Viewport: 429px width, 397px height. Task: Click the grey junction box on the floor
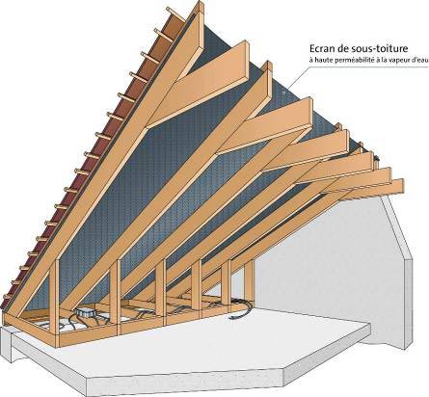click(85, 313)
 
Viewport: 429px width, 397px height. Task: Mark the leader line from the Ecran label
click(297, 76)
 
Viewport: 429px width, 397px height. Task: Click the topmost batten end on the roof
click(170, 10)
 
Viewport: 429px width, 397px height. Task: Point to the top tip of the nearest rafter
click(200, 3)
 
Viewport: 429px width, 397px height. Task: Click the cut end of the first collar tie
click(244, 60)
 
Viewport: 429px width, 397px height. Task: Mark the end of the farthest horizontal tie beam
click(399, 185)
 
